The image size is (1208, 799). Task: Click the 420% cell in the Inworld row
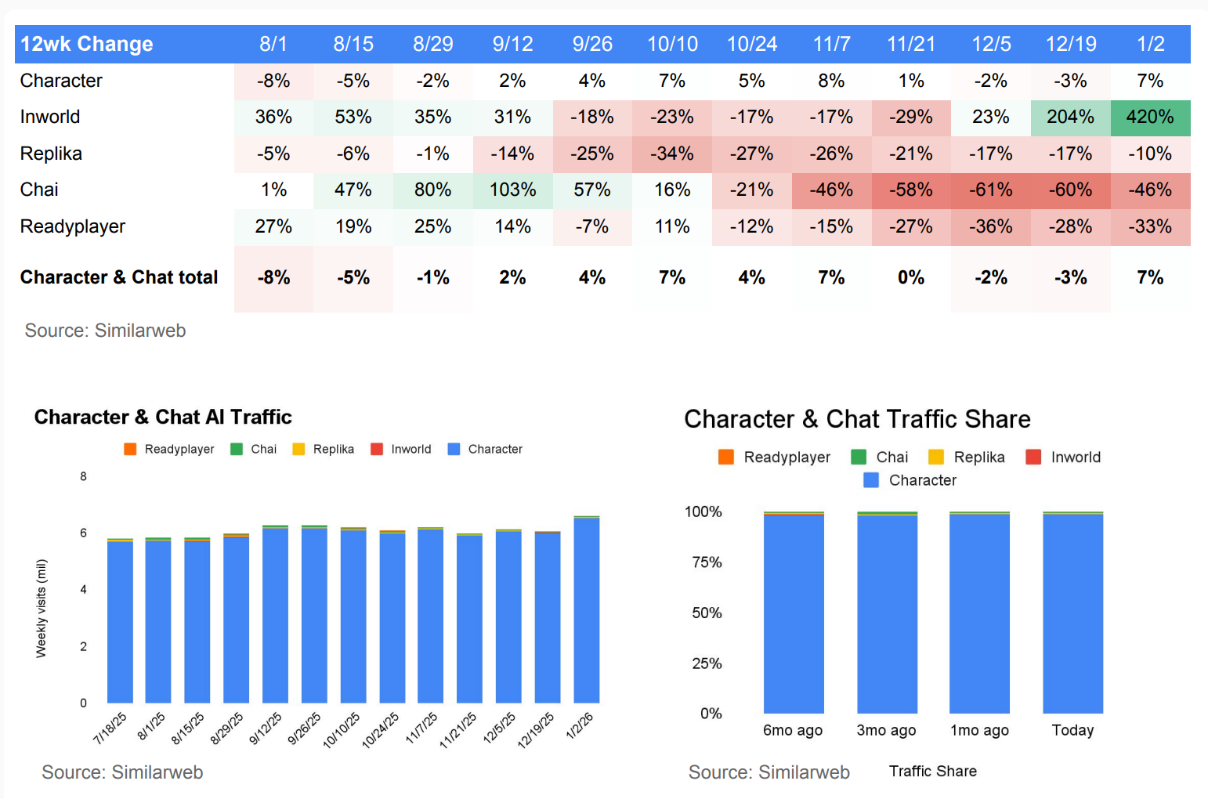(x=1150, y=117)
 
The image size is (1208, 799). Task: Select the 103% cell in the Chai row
(x=512, y=190)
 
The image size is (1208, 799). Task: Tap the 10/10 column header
(x=672, y=44)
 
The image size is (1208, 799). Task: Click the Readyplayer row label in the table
(x=73, y=226)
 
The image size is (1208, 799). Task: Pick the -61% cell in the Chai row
(x=991, y=190)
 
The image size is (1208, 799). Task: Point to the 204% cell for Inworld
(x=1070, y=117)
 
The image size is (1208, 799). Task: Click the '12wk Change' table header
(x=87, y=44)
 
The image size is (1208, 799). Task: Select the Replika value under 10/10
(x=672, y=154)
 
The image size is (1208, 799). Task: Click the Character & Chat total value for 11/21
(x=911, y=277)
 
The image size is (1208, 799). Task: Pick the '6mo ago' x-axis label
(x=793, y=730)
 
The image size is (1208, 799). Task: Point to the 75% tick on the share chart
(x=707, y=562)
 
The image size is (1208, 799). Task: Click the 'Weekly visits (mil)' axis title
(x=42, y=608)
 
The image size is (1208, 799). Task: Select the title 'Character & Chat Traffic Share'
(x=857, y=419)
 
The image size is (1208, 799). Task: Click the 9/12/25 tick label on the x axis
(x=266, y=728)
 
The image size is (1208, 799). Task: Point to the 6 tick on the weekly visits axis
(x=83, y=533)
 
